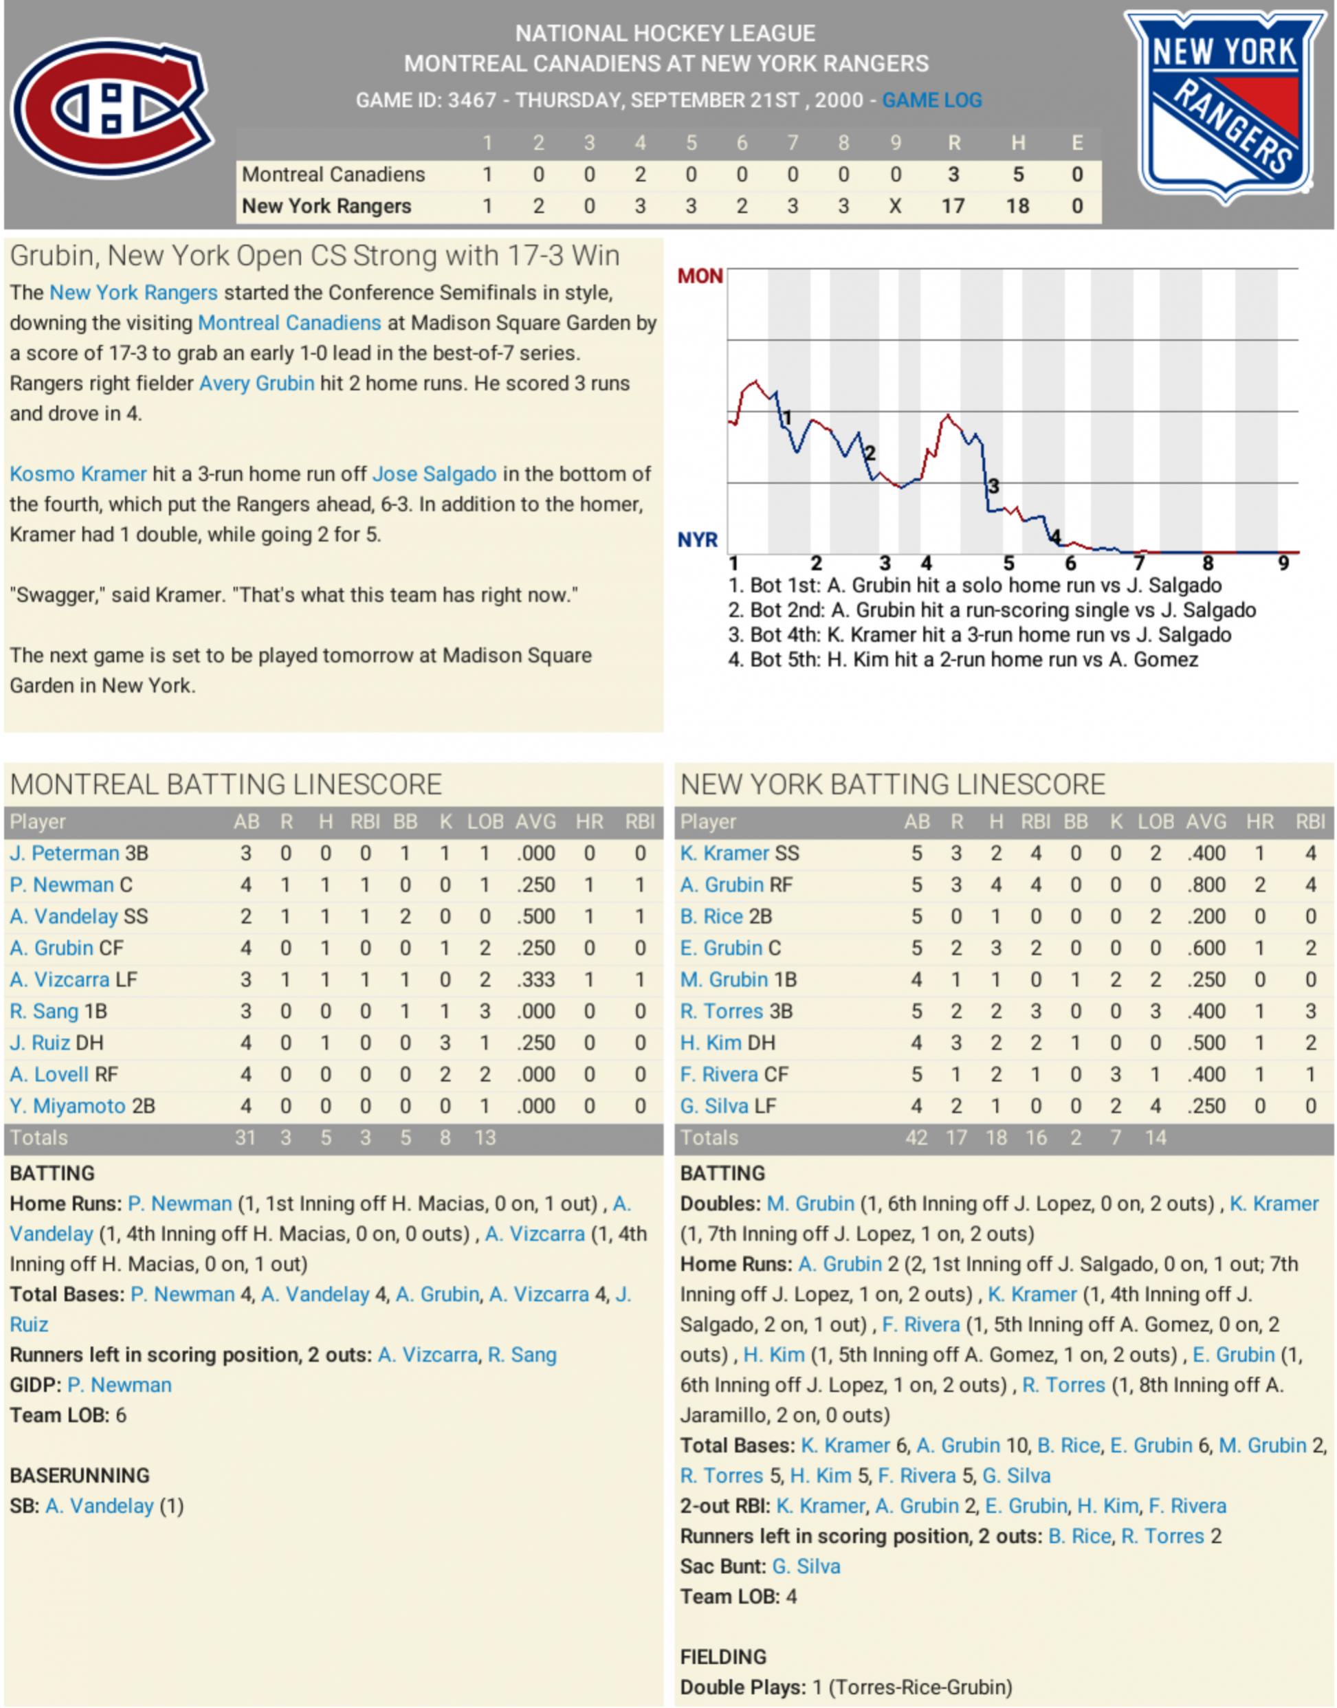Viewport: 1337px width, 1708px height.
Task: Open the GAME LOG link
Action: [931, 100]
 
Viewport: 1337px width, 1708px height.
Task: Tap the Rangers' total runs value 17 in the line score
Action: [953, 206]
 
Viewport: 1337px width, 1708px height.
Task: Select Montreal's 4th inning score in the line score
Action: [641, 174]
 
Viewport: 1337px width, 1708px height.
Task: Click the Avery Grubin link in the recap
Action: [257, 384]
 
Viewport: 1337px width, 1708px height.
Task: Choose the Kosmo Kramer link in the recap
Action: [78, 474]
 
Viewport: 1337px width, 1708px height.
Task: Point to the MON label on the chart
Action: [700, 276]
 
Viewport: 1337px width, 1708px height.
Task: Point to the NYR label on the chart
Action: [698, 540]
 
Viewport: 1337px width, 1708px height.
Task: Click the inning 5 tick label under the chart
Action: [1008, 564]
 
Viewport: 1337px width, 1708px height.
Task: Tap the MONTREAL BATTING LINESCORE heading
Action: [225, 784]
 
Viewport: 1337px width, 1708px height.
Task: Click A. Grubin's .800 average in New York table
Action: [1206, 885]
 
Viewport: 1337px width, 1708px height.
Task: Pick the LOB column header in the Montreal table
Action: [485, 822]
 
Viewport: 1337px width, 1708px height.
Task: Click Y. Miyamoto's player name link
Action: [67, 1106]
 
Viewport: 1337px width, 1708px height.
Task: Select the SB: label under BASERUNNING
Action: [23, 1506]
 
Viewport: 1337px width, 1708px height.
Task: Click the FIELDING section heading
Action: [723, 1657]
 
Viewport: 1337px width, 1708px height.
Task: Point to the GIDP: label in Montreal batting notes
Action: [35, 1385]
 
